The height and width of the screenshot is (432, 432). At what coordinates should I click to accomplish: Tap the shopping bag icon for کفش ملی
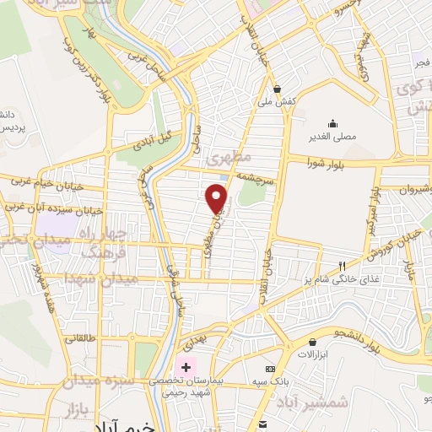pyautogui.click(x=277, y=88)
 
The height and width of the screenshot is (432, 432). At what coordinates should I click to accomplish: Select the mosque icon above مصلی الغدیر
pyautogui.click(x=332, y=123)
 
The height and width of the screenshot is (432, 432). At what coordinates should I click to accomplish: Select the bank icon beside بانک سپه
pyautogui.click(x=269, y=369)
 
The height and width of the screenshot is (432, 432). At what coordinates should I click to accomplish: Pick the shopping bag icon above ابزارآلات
pyautogui.click(x=313, y=343)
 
